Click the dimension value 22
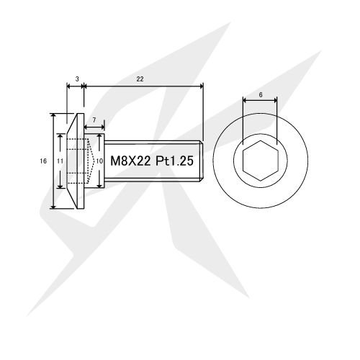[x=140, y=79]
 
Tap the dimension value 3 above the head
[x=77, y=79]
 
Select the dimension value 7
[x=94, y=120]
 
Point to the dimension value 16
[x=43, y=161]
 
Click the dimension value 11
[x=60, y=161]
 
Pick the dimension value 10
[x=99, y=161]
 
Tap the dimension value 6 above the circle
[x=261, y=95]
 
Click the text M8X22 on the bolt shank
[x=130, y=161]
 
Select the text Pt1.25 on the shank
[x=174, y=161]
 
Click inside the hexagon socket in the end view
[x=261, y=161]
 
